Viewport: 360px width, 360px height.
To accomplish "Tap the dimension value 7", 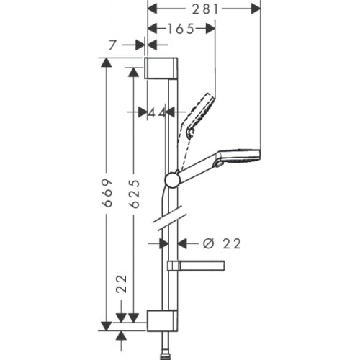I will coord(110,45).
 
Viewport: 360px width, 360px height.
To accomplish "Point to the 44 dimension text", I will coord(157,112).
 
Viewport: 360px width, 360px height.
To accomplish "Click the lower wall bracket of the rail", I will coord(162,320).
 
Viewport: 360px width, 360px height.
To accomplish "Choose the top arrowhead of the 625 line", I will coord(133,72).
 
